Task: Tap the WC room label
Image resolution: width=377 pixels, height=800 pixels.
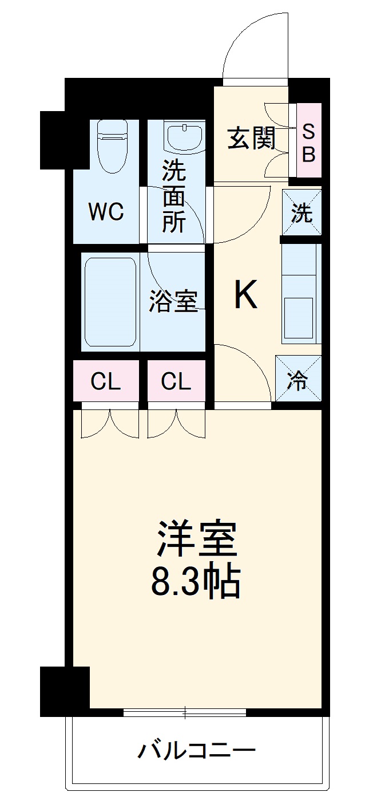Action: click(106, 212)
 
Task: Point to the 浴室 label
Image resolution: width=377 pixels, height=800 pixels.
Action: click(173, 301)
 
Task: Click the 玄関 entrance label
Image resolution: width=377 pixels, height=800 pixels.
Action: click(251, 138)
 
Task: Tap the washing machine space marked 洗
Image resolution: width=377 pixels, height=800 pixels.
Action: click(302, 212)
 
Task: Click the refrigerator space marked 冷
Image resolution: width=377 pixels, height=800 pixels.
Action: click(299, 380)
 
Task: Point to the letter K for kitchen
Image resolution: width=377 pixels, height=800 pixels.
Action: click(245, 295)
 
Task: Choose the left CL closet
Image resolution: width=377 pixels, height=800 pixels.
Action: click(106, 381)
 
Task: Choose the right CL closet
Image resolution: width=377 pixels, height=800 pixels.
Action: click(176, 381)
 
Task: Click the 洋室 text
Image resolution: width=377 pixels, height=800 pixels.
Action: click(196, 539)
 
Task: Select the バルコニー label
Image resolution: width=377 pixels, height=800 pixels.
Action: click(196, 750)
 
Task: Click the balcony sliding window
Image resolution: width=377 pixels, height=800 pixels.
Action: click(185, 712)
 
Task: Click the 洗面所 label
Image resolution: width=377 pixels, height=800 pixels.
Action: click(173, 196)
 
